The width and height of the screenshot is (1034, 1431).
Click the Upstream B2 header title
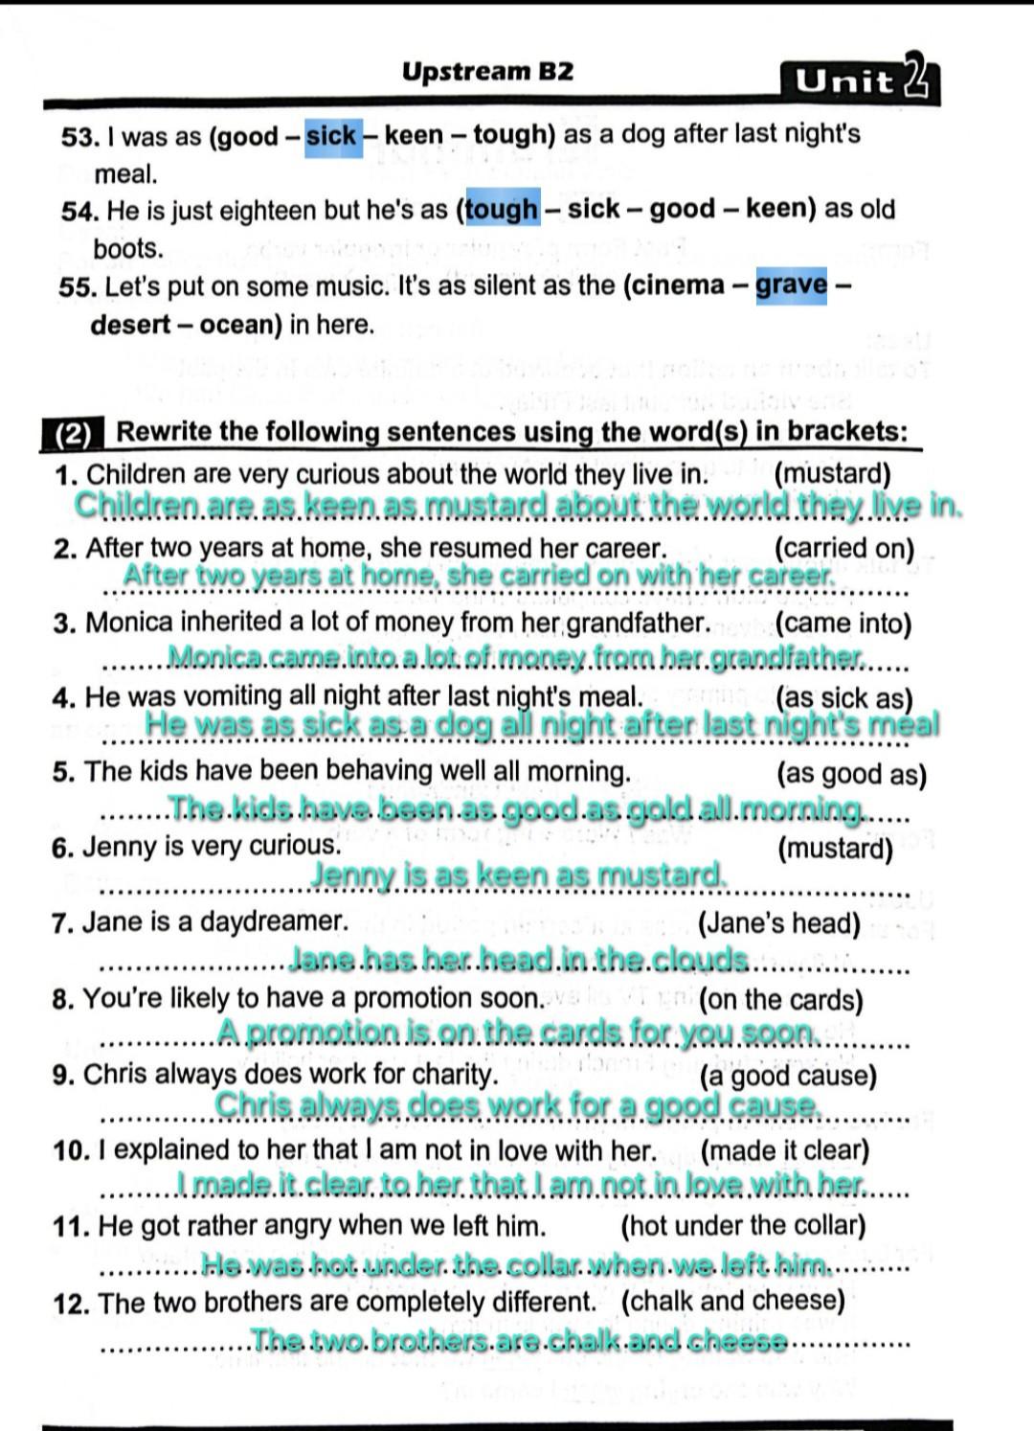[x=487, y=72]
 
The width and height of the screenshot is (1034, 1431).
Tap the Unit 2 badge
[x=860, y=81]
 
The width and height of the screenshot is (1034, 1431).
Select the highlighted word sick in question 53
[x=331, y=136]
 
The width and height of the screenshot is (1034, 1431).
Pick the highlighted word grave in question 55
[x=791, y=284]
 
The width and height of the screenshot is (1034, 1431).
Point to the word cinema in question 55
[x=676, y=285]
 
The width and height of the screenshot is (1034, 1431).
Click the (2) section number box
[x=72, y=435]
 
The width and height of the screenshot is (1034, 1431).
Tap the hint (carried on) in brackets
[x=843, y=549]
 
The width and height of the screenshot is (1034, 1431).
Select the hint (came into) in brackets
[x=843, y=624]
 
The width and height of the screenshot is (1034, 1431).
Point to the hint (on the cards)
[x=780, y=999]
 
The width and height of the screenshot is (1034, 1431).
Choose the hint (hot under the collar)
[x=743, y=1225]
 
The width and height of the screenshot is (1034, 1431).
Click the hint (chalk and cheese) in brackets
[x=732, y=1301]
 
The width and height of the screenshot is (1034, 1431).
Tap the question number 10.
[x=71, y=1150]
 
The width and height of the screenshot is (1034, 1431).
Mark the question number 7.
[x=63, y=923]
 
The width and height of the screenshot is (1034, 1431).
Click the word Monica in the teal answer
[x=215, y=657]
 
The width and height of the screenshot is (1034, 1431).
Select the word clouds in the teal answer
[x=704, y=959]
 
